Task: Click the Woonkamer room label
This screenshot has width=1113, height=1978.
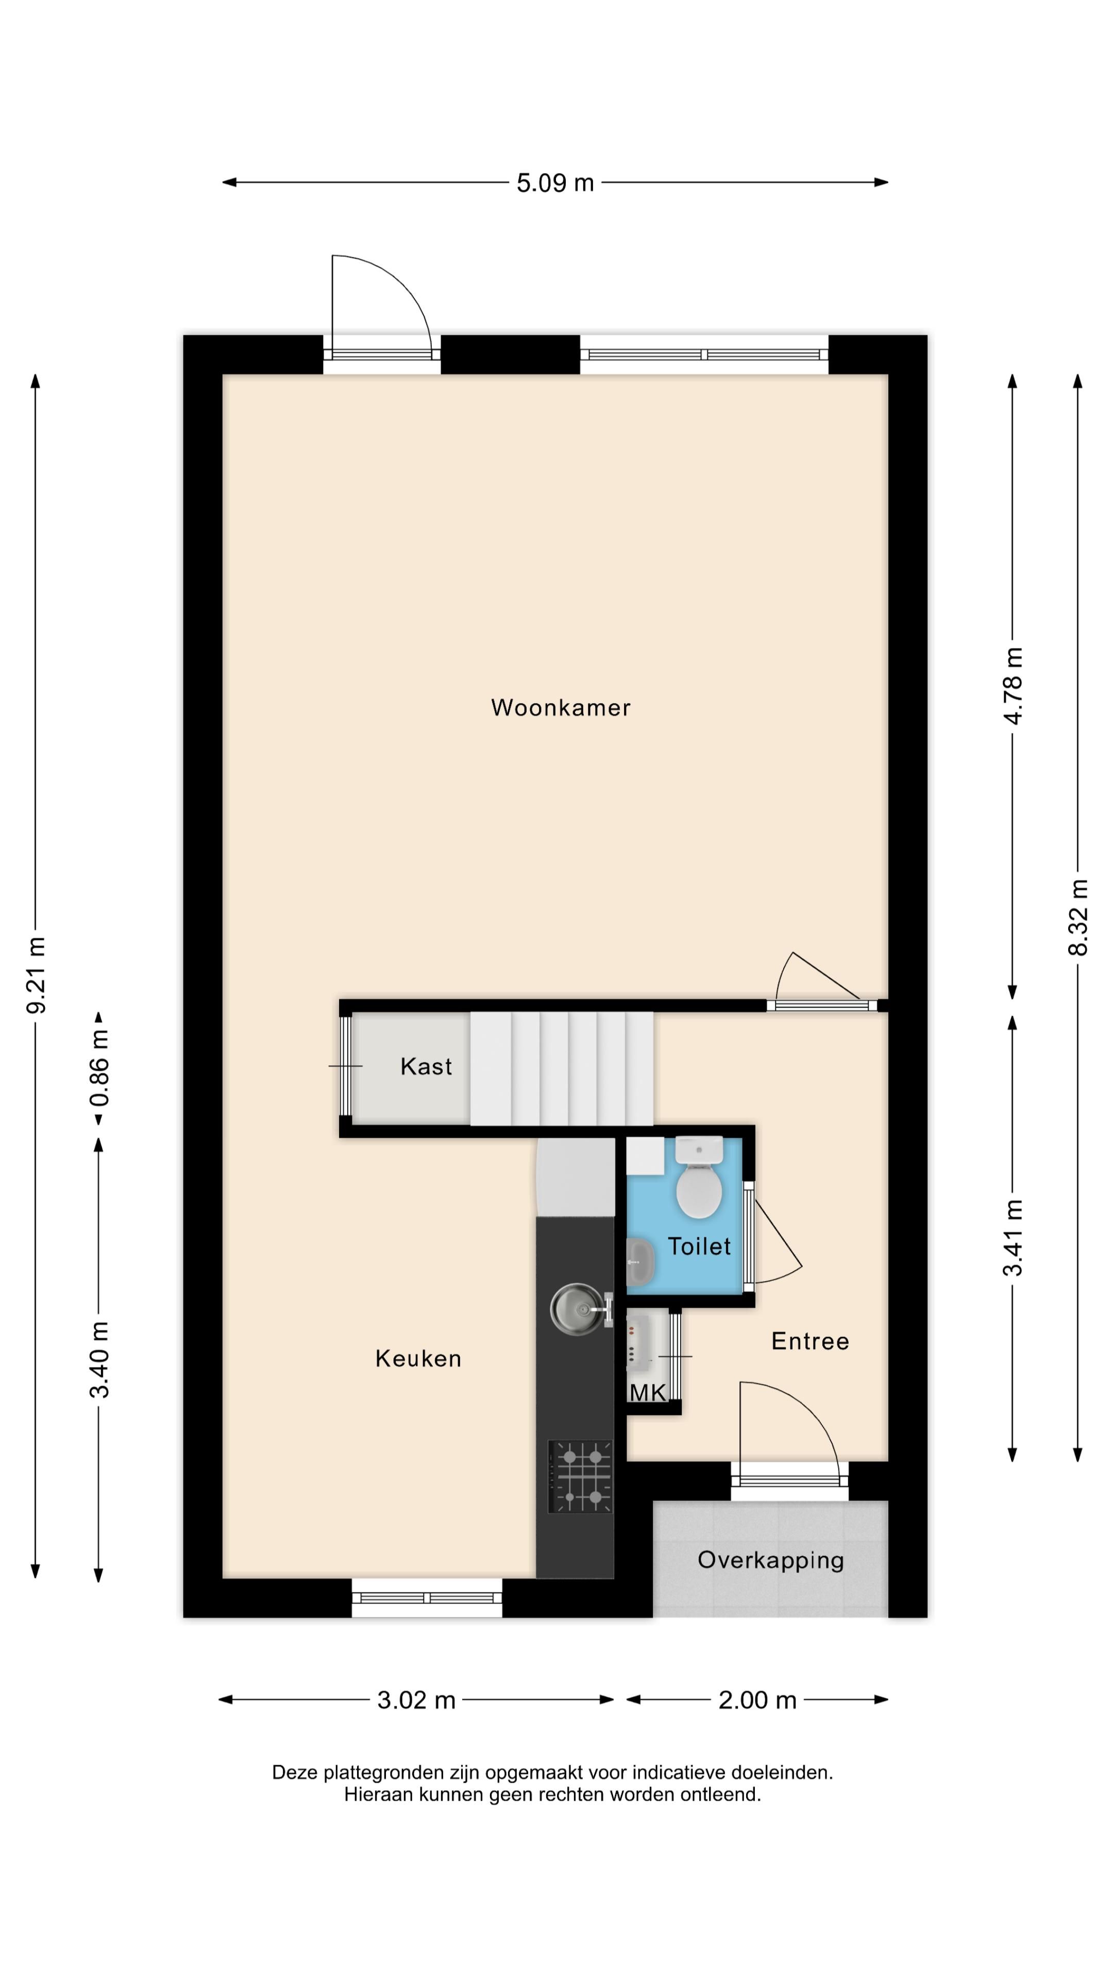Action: tap(560, 707)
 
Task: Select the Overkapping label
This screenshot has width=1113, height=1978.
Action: tap(770, 1560)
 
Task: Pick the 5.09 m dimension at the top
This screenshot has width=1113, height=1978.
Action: tap(554, 183)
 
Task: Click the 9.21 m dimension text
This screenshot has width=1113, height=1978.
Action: tap(36, 975)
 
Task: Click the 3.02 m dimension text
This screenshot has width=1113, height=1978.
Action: tap(416, 1700)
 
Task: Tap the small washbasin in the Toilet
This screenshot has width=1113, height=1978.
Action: tap(639, 1261)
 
